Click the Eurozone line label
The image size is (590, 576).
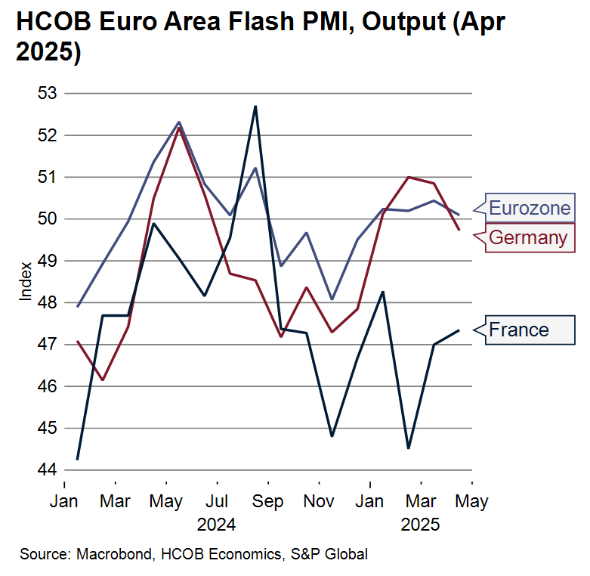(x=530, y=208)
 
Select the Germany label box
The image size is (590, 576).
(x=527, y=237)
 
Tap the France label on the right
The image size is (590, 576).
(x=519, y=330)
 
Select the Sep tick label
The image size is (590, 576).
(x=268, y=502)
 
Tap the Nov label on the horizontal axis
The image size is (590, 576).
(x=320, y=502)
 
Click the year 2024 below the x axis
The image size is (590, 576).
(x=216, y=525)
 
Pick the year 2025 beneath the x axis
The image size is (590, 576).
(x=421, y=525)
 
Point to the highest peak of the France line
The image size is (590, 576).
(x=255, y=107)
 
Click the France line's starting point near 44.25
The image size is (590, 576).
(x=78, y=459)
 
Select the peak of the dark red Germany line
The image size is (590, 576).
(x=179, y=127)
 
